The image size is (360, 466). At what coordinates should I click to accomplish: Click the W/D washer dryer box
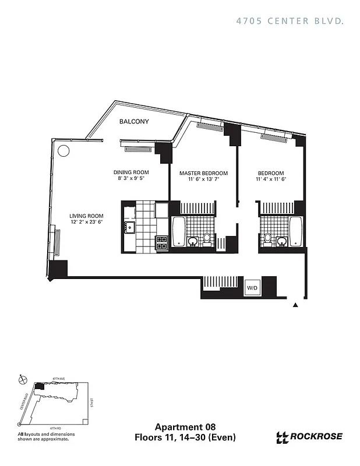(252, 287)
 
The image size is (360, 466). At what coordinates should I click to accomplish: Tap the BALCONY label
(134, 122)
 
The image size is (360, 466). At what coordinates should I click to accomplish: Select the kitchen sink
(129, 227)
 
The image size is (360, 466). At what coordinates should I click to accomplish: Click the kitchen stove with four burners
(161, 243)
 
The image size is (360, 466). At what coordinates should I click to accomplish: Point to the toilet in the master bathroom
(207, 239)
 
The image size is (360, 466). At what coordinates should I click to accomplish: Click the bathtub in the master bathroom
(178, 231)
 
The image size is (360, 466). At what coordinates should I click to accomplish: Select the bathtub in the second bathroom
(296, 231)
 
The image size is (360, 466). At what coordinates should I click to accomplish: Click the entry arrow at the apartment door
(296, 305)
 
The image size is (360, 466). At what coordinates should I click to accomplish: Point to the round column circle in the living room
(63, 150)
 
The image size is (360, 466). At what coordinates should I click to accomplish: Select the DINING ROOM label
(131, 173)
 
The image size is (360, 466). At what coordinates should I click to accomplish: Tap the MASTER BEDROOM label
(203, 174)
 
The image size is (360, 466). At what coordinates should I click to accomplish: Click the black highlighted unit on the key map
(39, 386)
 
